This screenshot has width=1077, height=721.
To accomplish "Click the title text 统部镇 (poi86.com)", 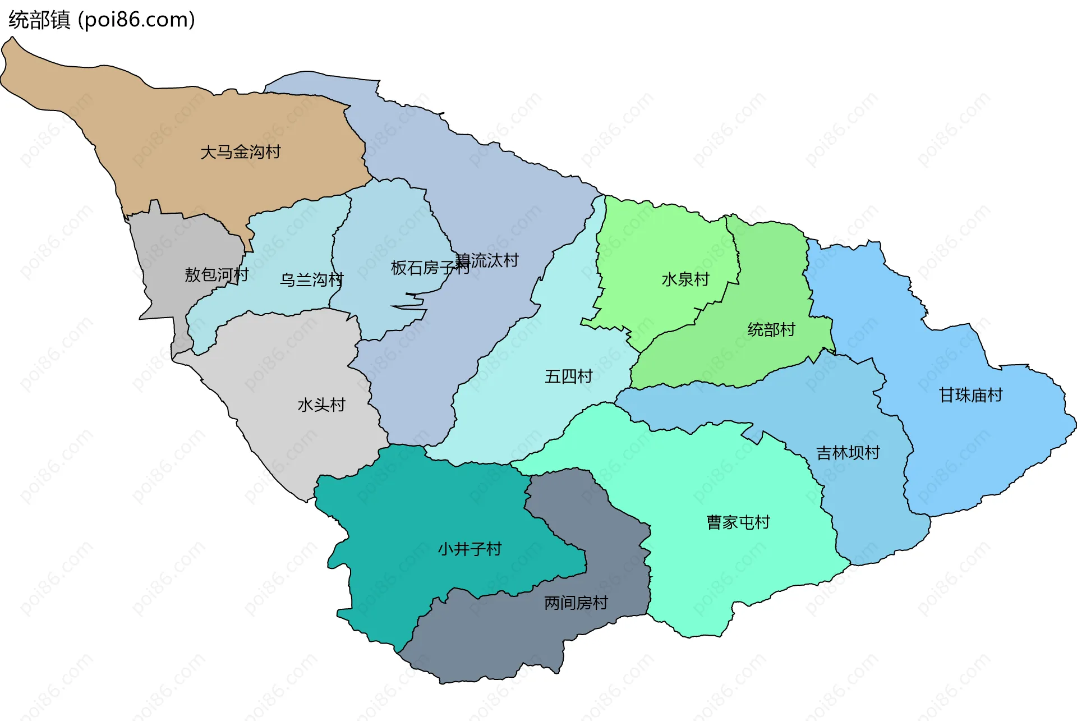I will [102, 20].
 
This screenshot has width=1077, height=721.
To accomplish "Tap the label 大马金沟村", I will [240, 152].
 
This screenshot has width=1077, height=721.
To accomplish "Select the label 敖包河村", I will [216, 275].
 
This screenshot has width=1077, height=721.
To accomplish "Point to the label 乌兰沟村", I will [311, 279].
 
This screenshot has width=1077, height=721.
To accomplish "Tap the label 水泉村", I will [685, 279].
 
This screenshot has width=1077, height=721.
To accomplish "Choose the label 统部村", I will [771, 329].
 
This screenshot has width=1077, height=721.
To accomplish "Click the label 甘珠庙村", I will [970, 395].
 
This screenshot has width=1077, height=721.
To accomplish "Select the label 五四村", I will [568, 376].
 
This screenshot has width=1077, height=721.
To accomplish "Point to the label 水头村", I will [321, 405].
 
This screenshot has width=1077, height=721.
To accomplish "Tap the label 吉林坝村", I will [848, 452].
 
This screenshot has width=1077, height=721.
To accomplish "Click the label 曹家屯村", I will [738, 522].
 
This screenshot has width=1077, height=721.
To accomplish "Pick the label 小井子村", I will [470, 549].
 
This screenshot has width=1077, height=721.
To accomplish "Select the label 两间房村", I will [576, 603].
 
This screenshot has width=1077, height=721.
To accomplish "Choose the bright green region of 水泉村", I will [656, 241].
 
